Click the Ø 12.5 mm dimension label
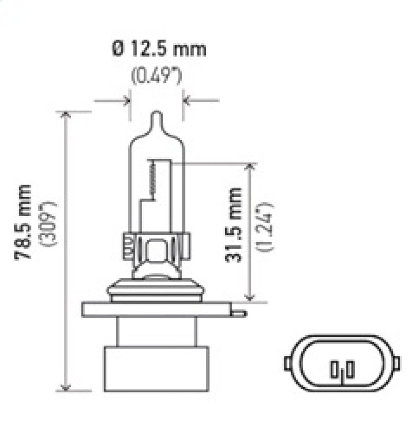pyautogui.click(x=158, y=49)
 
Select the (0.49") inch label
pyautogui.click(x=157, y=77)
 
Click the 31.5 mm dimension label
pyautogui.click(x=234, y=225)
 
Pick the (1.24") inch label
pyautogui.click(x=267, y=227)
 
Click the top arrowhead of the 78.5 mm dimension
pyautogui.click(x=65, y=115)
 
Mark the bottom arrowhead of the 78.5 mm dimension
pyautogui.click(x=65, y=387)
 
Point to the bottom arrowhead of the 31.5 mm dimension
pyautogui.click(x=250, y=297)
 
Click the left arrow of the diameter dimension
pyautogui.click(x=125, y=100)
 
